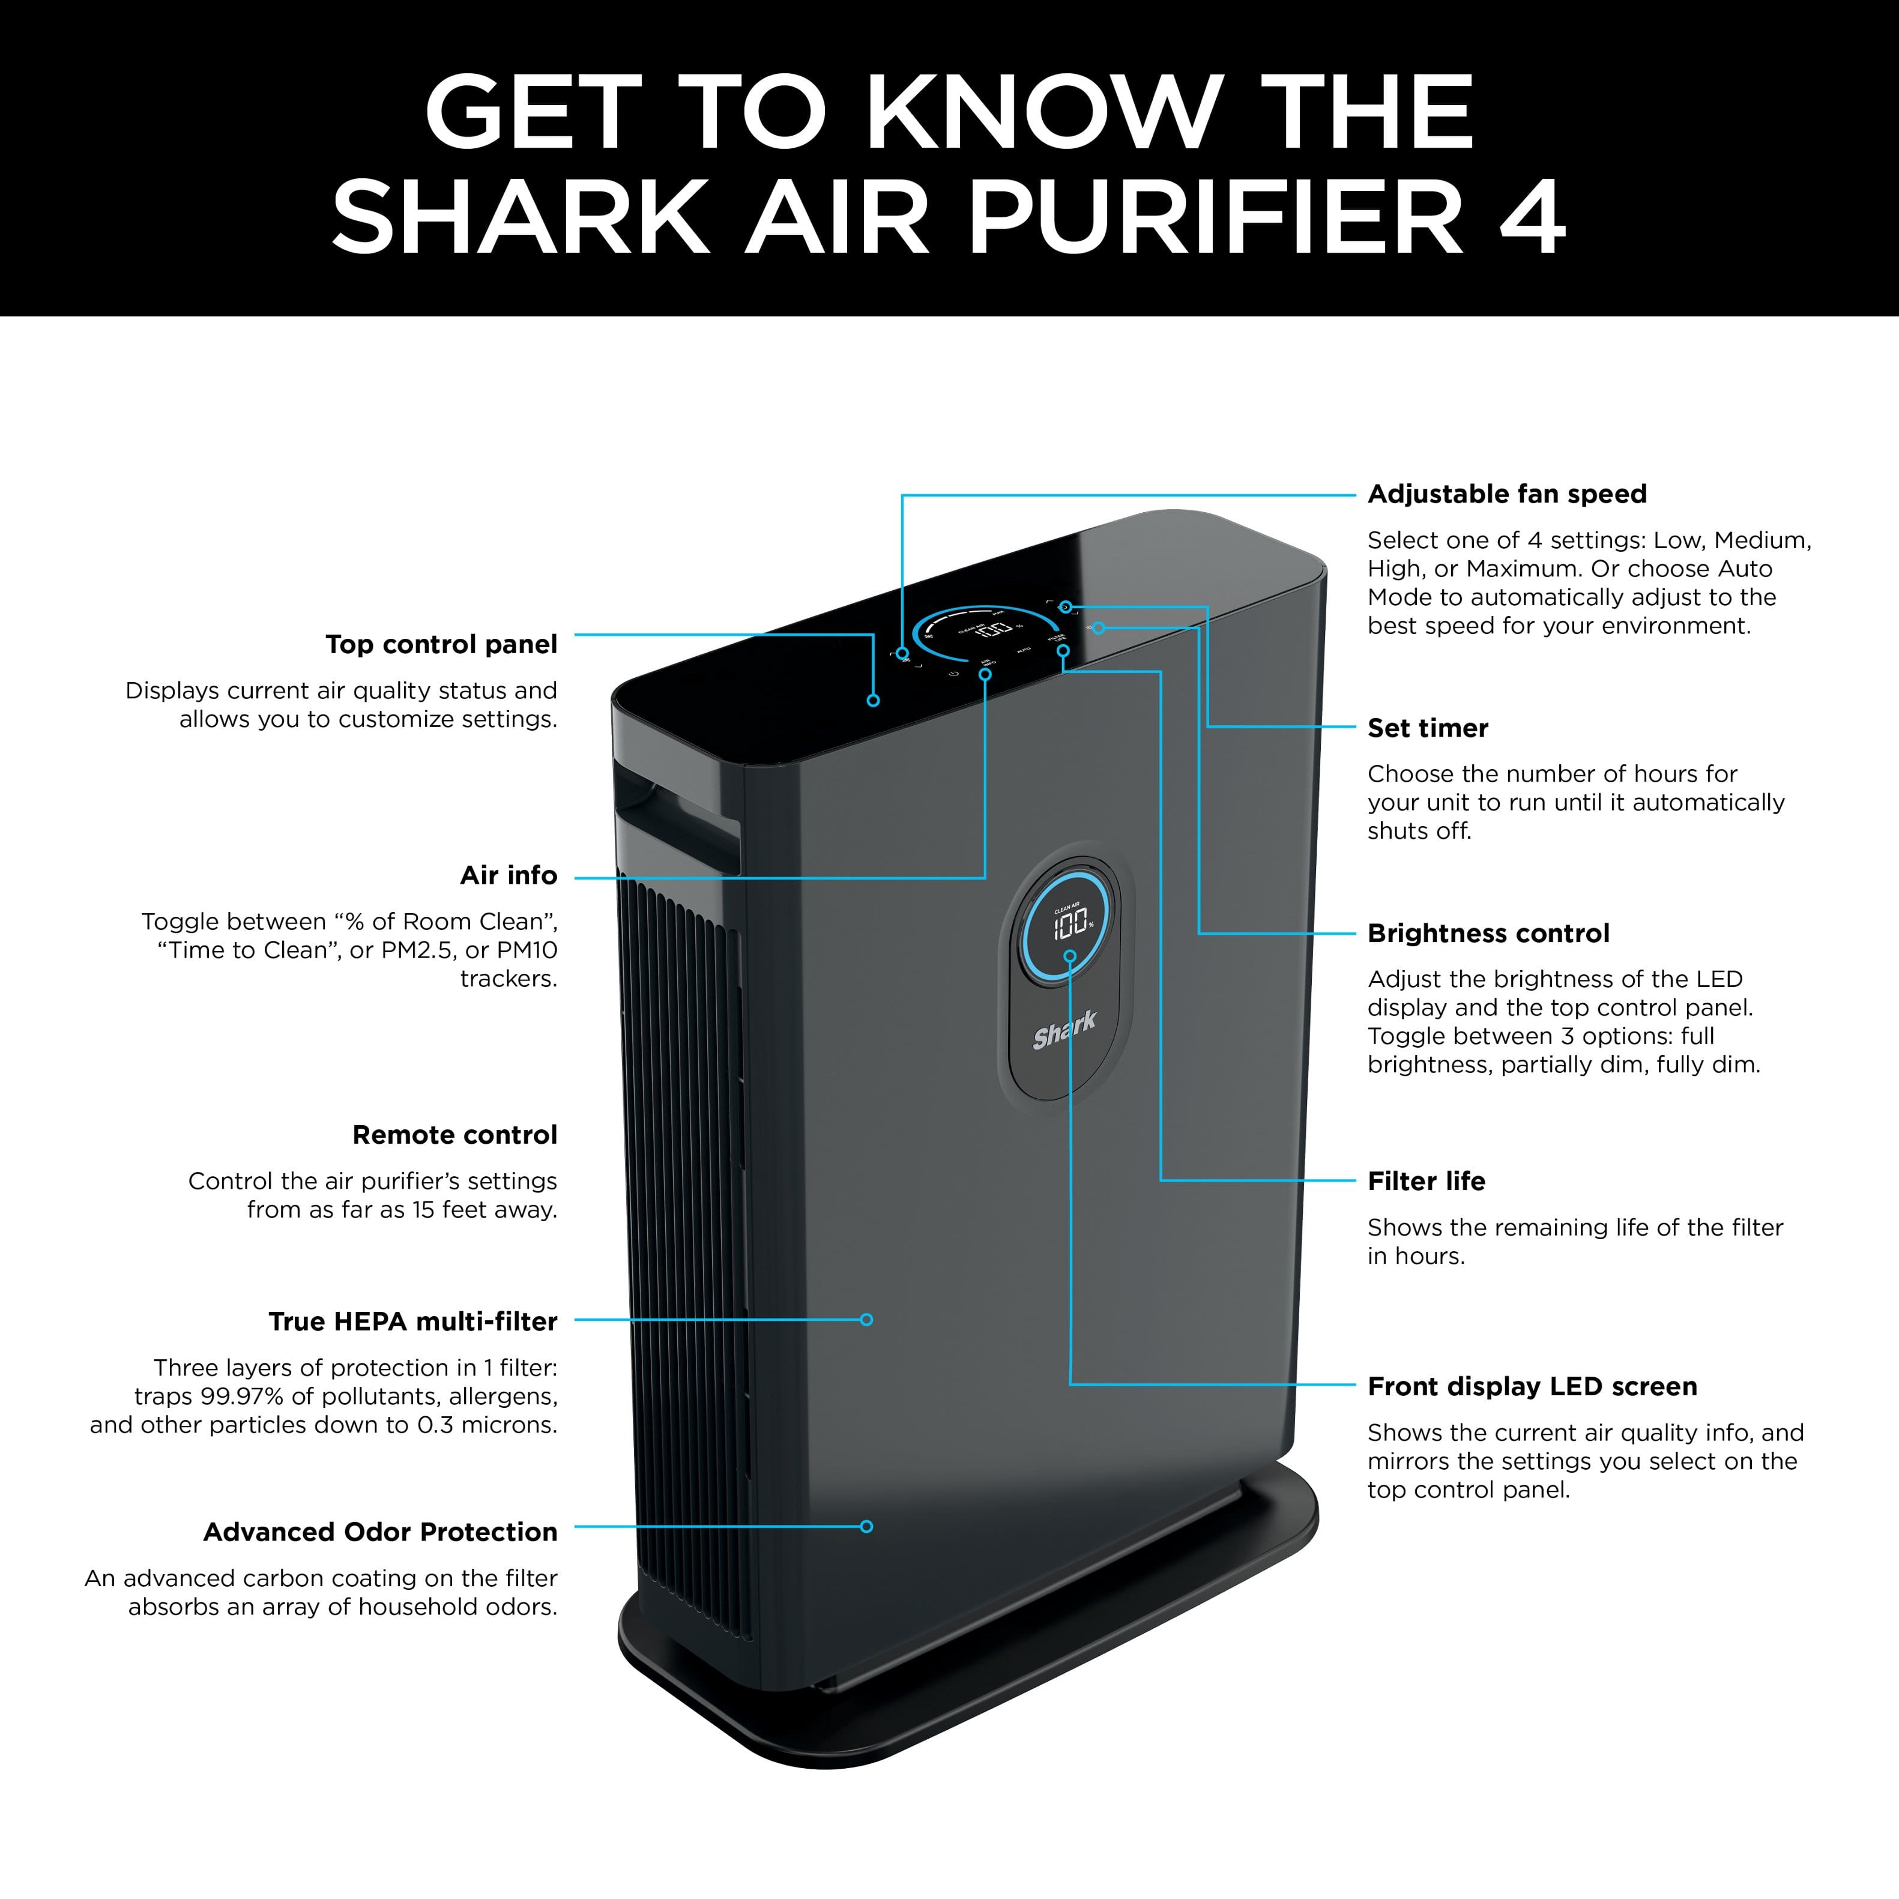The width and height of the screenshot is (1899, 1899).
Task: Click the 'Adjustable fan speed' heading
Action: [1507, 494]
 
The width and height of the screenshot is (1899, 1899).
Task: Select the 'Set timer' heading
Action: [1427, 728]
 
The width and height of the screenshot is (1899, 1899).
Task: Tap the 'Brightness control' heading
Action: [1488, 933]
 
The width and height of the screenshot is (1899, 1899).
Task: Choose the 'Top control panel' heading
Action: [441, 645]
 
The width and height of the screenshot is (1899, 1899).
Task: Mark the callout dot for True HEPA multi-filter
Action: [866, 1320]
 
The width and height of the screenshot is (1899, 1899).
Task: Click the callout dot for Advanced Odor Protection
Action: [866, 1527]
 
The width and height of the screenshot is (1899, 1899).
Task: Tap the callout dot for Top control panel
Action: [873, 701]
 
